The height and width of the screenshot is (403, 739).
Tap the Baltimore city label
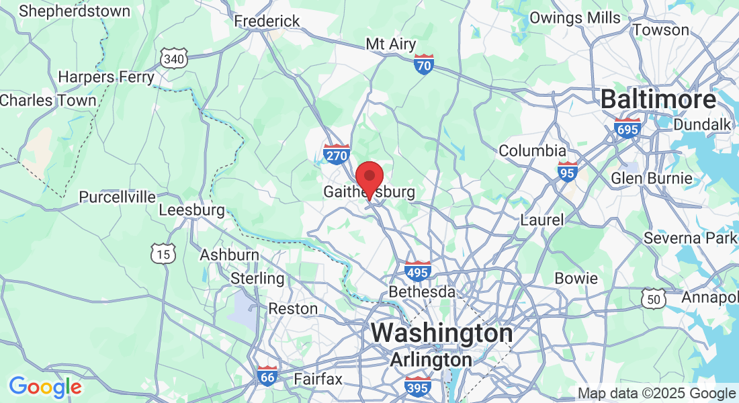point(658,100)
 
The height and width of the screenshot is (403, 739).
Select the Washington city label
point(441,332)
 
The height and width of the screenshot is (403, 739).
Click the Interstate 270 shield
point(337,154)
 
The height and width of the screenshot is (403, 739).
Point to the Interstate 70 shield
point(423,65)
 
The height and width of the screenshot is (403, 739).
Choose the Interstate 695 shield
point(627,128)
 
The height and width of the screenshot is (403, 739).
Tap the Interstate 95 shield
point(568,173)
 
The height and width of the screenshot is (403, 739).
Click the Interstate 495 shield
point(418,271)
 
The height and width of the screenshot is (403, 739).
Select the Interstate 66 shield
point(267,376)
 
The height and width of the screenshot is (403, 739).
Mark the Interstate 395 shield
point(418,386)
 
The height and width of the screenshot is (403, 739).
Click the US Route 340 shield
point(173,58)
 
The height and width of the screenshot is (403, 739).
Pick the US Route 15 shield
point(163,253)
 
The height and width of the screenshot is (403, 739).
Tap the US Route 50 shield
point(654,300)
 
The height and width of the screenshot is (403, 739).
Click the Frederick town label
point(267,21)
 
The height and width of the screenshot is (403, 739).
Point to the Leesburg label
point(191,210)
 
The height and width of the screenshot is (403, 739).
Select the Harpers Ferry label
point(106,77)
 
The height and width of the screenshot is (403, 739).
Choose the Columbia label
point(532,150)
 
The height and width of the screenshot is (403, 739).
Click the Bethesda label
point(422,293)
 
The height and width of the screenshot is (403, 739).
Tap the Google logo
point(45,387)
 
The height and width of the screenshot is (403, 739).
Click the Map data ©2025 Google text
point(656,394)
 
